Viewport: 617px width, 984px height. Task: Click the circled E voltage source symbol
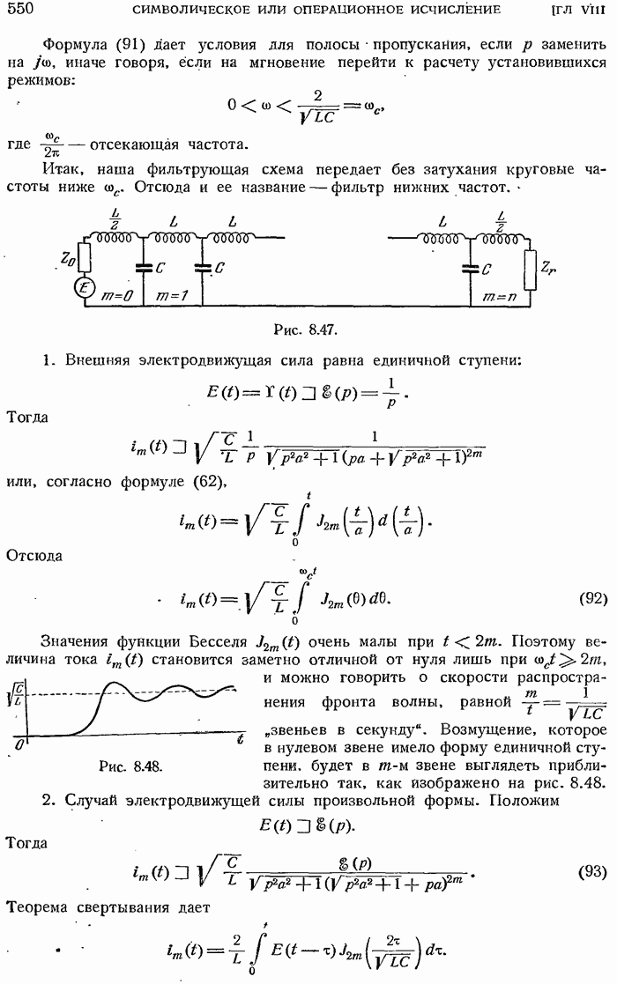pyautogui.click(x=84, y=288)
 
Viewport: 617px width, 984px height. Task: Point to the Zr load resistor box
pyautogui.click(x=531, y=271)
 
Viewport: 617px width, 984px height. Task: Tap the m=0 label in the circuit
pyautogui.click(x=116, y=296)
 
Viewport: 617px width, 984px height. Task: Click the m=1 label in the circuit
pyautogui.click(x=171, y=296)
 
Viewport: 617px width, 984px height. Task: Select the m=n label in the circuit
pyautogui.click(x=499, y=296)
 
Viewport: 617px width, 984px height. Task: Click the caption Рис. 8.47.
pyautogui.click(x=306, y=329)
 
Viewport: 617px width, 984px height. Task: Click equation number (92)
pyautogui.click(x=592, y=598)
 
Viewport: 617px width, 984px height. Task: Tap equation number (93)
pyautogui.click(x=592, y=871)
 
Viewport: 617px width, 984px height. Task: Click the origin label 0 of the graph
pyautogui.click(x=19, y=744)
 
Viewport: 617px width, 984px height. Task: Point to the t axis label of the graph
pyautogui.click(x=241, y=739)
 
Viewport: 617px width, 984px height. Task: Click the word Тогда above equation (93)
pyautogui.click(x=26, y=843)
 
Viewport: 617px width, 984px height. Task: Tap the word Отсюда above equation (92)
pyautogui.click(x=33, y=555)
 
